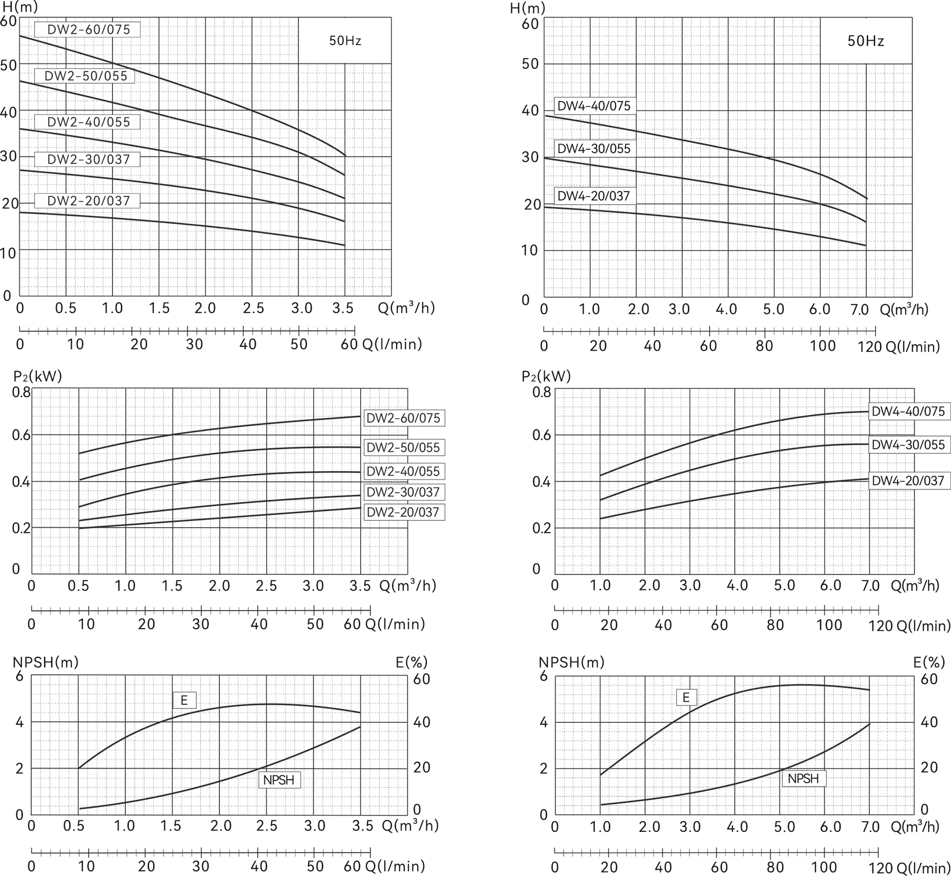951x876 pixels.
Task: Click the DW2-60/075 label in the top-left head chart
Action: tap(88, 30)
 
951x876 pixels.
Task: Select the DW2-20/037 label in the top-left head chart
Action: tap(88, 201)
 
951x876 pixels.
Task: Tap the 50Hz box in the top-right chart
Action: tap(865, 41)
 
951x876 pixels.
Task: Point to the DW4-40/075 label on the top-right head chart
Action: tap(594, 106)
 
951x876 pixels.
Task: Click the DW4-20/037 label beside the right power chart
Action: tap(908, 481)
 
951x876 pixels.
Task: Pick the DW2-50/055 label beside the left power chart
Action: tap(403, 448)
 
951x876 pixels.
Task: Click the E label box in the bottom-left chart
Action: tap(184, 700)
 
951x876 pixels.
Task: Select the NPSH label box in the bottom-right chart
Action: tap(803, 778)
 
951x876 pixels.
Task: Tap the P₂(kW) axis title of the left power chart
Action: tap(38, 376)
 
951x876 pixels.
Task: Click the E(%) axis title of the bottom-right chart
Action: tap(929, 662)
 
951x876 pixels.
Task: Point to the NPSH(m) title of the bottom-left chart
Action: tap(46, 662)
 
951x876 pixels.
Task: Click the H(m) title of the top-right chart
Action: tap(527, 8)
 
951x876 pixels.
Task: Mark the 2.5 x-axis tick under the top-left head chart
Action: tap(253, 308)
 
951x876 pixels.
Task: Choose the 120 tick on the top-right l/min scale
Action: tap(870, 346)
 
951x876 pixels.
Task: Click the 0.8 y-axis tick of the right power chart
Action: tap(542, 392)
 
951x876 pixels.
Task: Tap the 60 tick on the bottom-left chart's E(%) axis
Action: tap(421, 679)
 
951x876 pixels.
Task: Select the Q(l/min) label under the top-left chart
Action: tap(392, 344)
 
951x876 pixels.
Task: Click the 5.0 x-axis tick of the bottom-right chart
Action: tap(784, 826)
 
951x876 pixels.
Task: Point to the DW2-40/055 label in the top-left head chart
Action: tap(88, 122)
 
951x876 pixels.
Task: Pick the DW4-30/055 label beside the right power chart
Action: tap(908, 445)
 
